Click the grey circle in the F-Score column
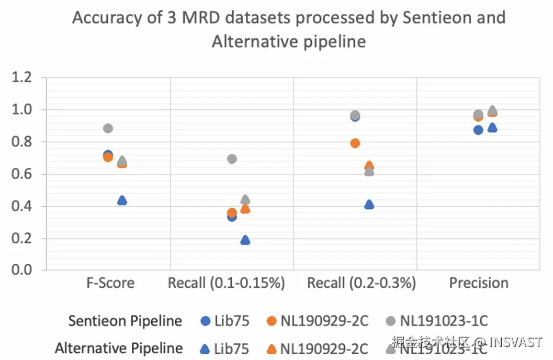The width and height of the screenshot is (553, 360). tap(108, 128)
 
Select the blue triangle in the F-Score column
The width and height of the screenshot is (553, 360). tap(122, 200)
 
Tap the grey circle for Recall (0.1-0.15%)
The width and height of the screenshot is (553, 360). tap(232, 159)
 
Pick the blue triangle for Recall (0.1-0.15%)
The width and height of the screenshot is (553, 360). tap(245, 240)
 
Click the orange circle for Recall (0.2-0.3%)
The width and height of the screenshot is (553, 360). tap(355, 143)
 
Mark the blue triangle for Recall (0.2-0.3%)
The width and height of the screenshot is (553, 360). tap(369, 205)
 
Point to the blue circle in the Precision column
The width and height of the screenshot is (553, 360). tap(478, 130)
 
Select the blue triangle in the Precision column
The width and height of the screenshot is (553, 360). tap(492, 128)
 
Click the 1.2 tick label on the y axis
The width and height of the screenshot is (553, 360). tap(22, 78)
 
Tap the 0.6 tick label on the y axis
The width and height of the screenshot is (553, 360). tap(22, 174)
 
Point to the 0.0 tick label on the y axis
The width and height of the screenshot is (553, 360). tap(22, 270)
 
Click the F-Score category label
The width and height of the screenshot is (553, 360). tap(110, 283)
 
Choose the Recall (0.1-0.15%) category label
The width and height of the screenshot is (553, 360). tap(226, 283)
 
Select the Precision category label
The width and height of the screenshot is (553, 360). tap(479, 283)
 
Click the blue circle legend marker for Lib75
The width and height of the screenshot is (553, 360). tap(205, 321)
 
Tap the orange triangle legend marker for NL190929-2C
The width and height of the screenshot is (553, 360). tap(271, 348)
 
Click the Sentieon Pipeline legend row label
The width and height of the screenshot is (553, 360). tap(126, 321)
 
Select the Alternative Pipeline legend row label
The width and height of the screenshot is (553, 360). tap(119, 348)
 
